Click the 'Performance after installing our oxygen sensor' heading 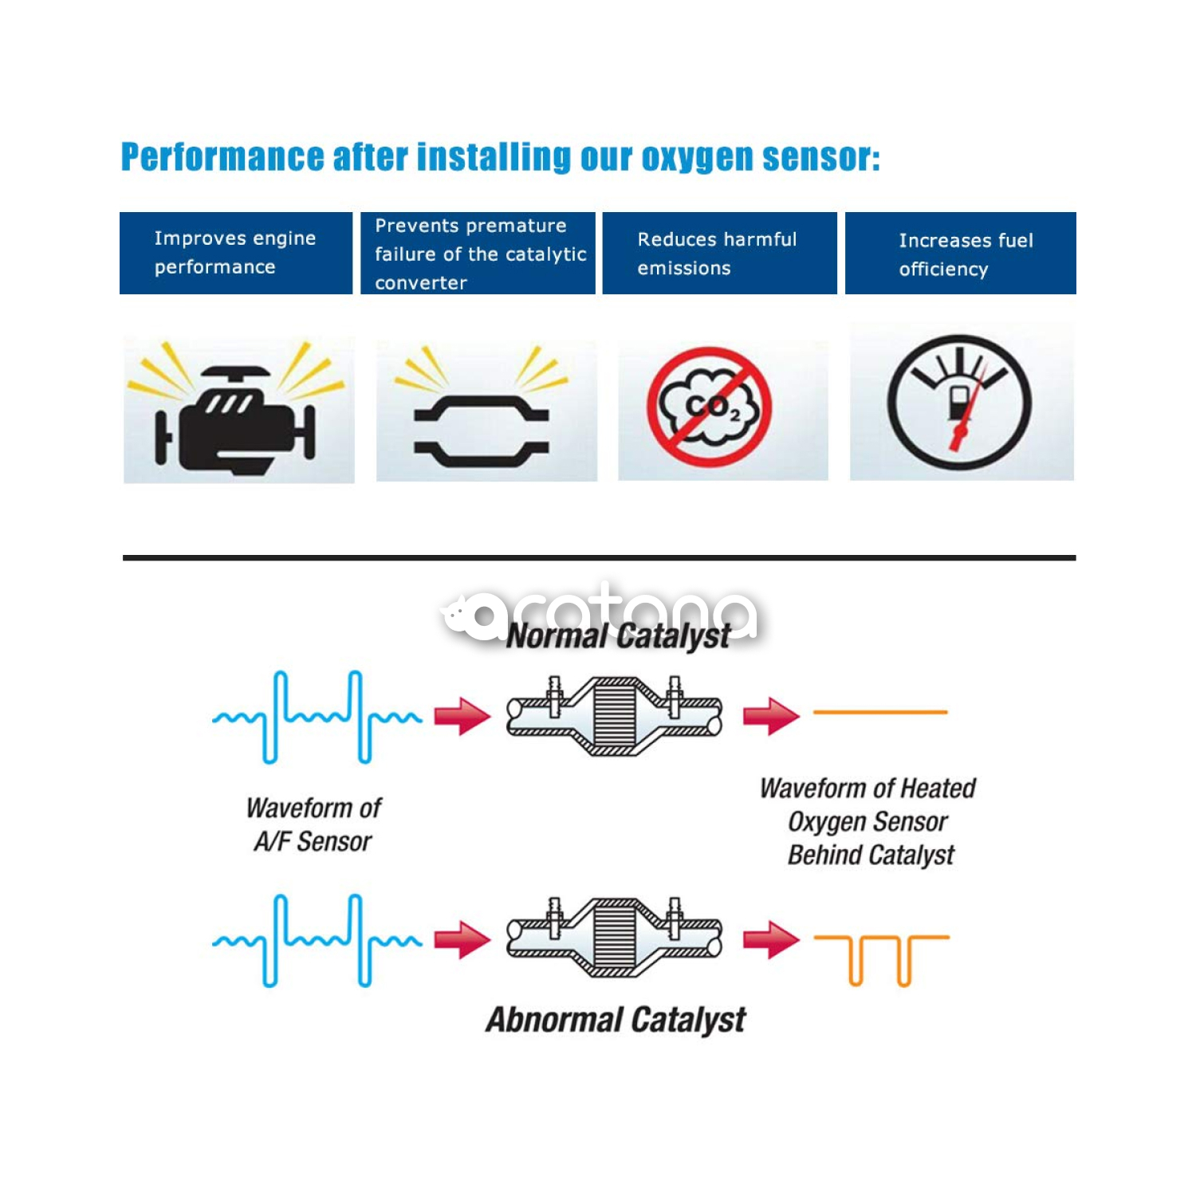pos(500,157)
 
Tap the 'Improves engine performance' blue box pos(236,253)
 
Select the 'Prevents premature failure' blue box pos(478,254)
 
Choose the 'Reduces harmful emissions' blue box pos(719,254)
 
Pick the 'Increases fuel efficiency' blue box pos(960,254)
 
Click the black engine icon pos(236,419)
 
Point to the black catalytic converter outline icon pos(481,431)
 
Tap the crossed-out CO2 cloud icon pos(709,407)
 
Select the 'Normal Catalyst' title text pos(619,636)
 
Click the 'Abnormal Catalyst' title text pos(616,1020)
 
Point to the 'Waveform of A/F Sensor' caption pos(313,824)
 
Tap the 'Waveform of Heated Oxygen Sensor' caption pos(868,821)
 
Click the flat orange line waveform pos(880,712)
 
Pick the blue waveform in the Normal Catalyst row pos(317,717)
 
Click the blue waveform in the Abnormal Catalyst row pos(317,940)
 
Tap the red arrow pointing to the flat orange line pos(770,715)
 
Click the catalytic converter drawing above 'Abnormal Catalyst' pos(614,938)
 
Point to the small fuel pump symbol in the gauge pos(960,403)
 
